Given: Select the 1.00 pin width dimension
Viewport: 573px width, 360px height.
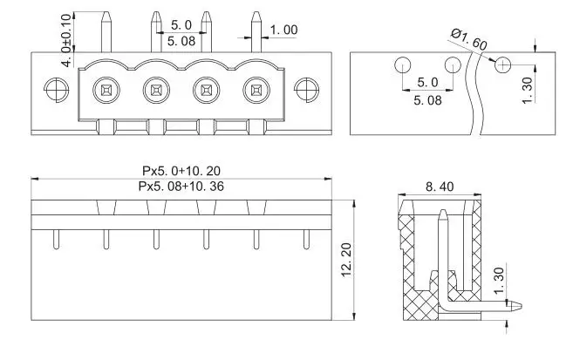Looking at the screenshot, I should point(283,31).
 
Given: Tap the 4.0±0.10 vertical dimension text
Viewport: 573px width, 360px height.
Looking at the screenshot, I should point(67,41).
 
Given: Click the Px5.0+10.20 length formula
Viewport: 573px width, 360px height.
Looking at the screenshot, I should point(181,171).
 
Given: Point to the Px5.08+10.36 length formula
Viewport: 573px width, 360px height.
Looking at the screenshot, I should point(181,187).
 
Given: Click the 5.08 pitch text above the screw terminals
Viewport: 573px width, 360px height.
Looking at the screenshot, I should point(181,40).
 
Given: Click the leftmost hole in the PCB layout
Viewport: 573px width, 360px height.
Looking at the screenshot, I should point(401,65).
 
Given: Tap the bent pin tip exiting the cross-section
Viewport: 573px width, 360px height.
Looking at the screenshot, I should point(518,305).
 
